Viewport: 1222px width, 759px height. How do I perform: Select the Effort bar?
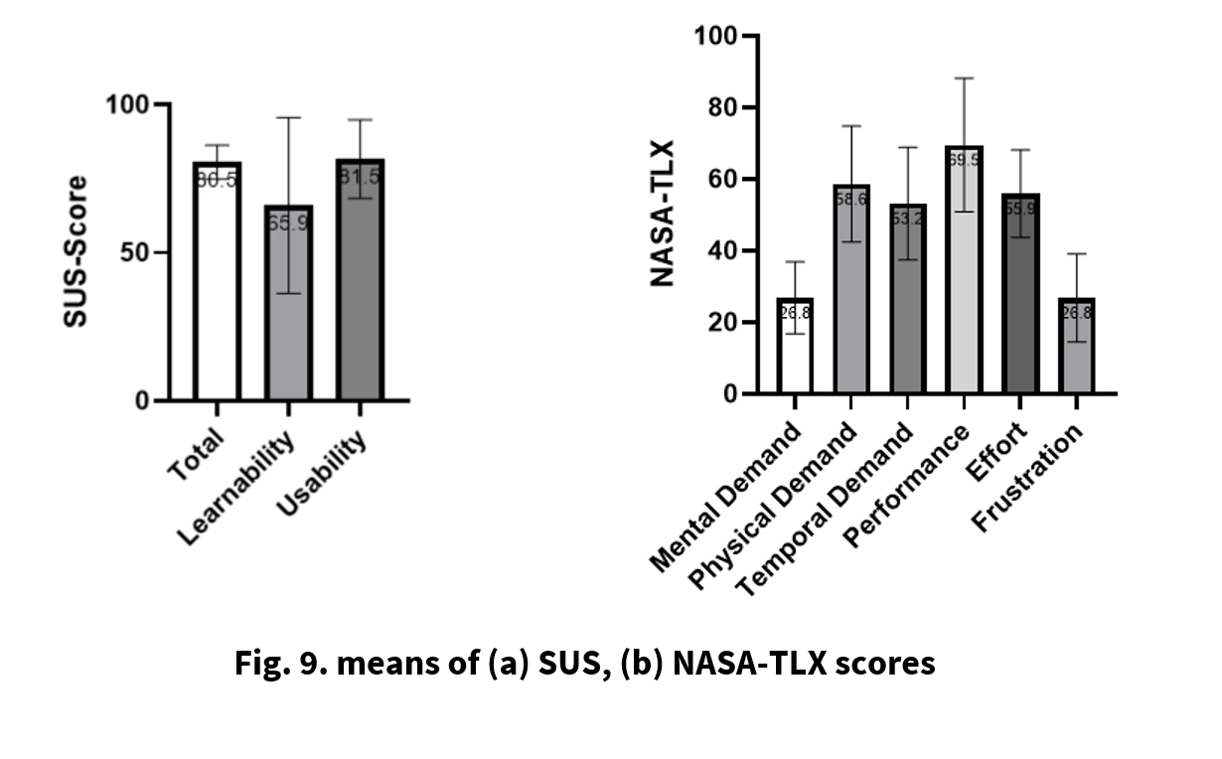1019,298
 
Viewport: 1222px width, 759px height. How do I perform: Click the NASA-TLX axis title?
662,214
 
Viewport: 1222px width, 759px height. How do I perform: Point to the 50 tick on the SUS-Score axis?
141,252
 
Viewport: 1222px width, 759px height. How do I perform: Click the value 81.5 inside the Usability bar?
360,177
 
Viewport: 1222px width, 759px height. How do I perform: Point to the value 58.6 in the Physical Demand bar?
850,200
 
